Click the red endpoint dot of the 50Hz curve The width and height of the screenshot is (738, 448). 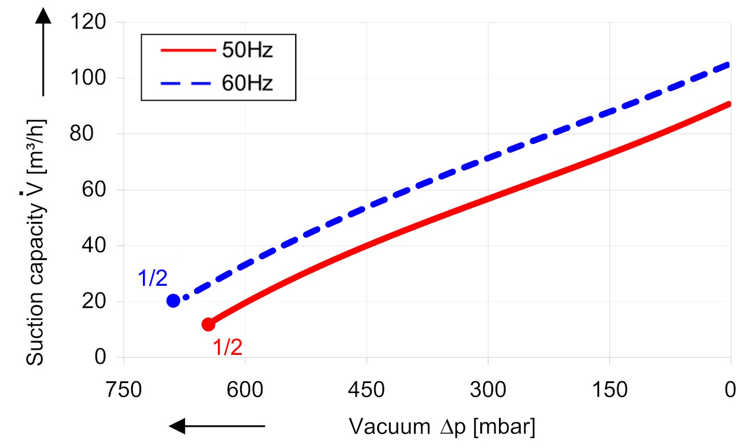click(x=208, y=324)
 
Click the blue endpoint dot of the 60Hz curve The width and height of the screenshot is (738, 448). click(x=173, y=300)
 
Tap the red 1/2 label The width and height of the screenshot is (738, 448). click(x=227, y=348)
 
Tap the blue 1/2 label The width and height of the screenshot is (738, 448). click(x=152, y=278)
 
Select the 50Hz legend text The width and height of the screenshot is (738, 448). click(x=247, y=51)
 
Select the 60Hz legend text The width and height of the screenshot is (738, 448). click(x=247, y=83)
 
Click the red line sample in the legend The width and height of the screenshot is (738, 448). click(x=187, y=51)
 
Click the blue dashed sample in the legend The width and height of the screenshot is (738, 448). click(x=187, y=83)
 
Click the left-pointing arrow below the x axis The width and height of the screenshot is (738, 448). click(x=217, y=426)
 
